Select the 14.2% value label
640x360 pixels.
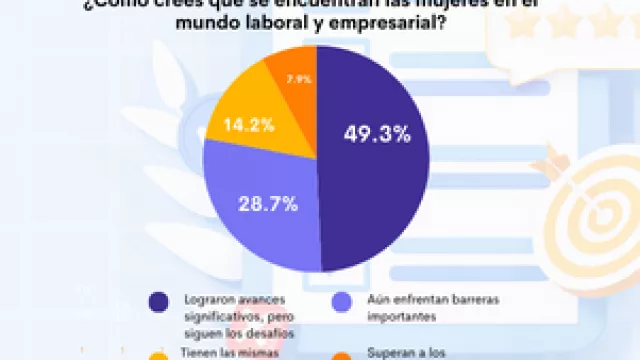(x=242, y=126)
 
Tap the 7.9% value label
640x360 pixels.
(x=298, y=78)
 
